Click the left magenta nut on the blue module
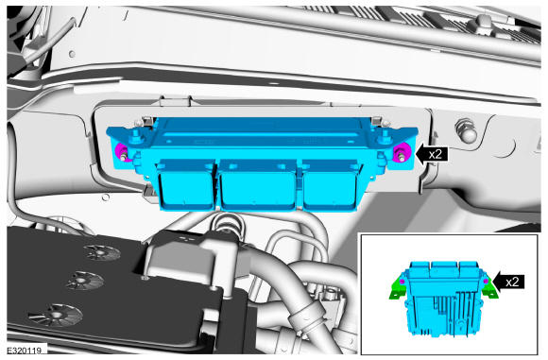point(122,152)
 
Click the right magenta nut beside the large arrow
point(400,153)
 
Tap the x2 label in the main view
point(436,154)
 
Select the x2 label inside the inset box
point(512,282)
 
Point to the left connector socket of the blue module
point(185,185)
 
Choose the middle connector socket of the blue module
point(258,185)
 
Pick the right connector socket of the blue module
point(329,185)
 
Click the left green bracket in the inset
point(397,288)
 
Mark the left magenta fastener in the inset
point(402,282)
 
